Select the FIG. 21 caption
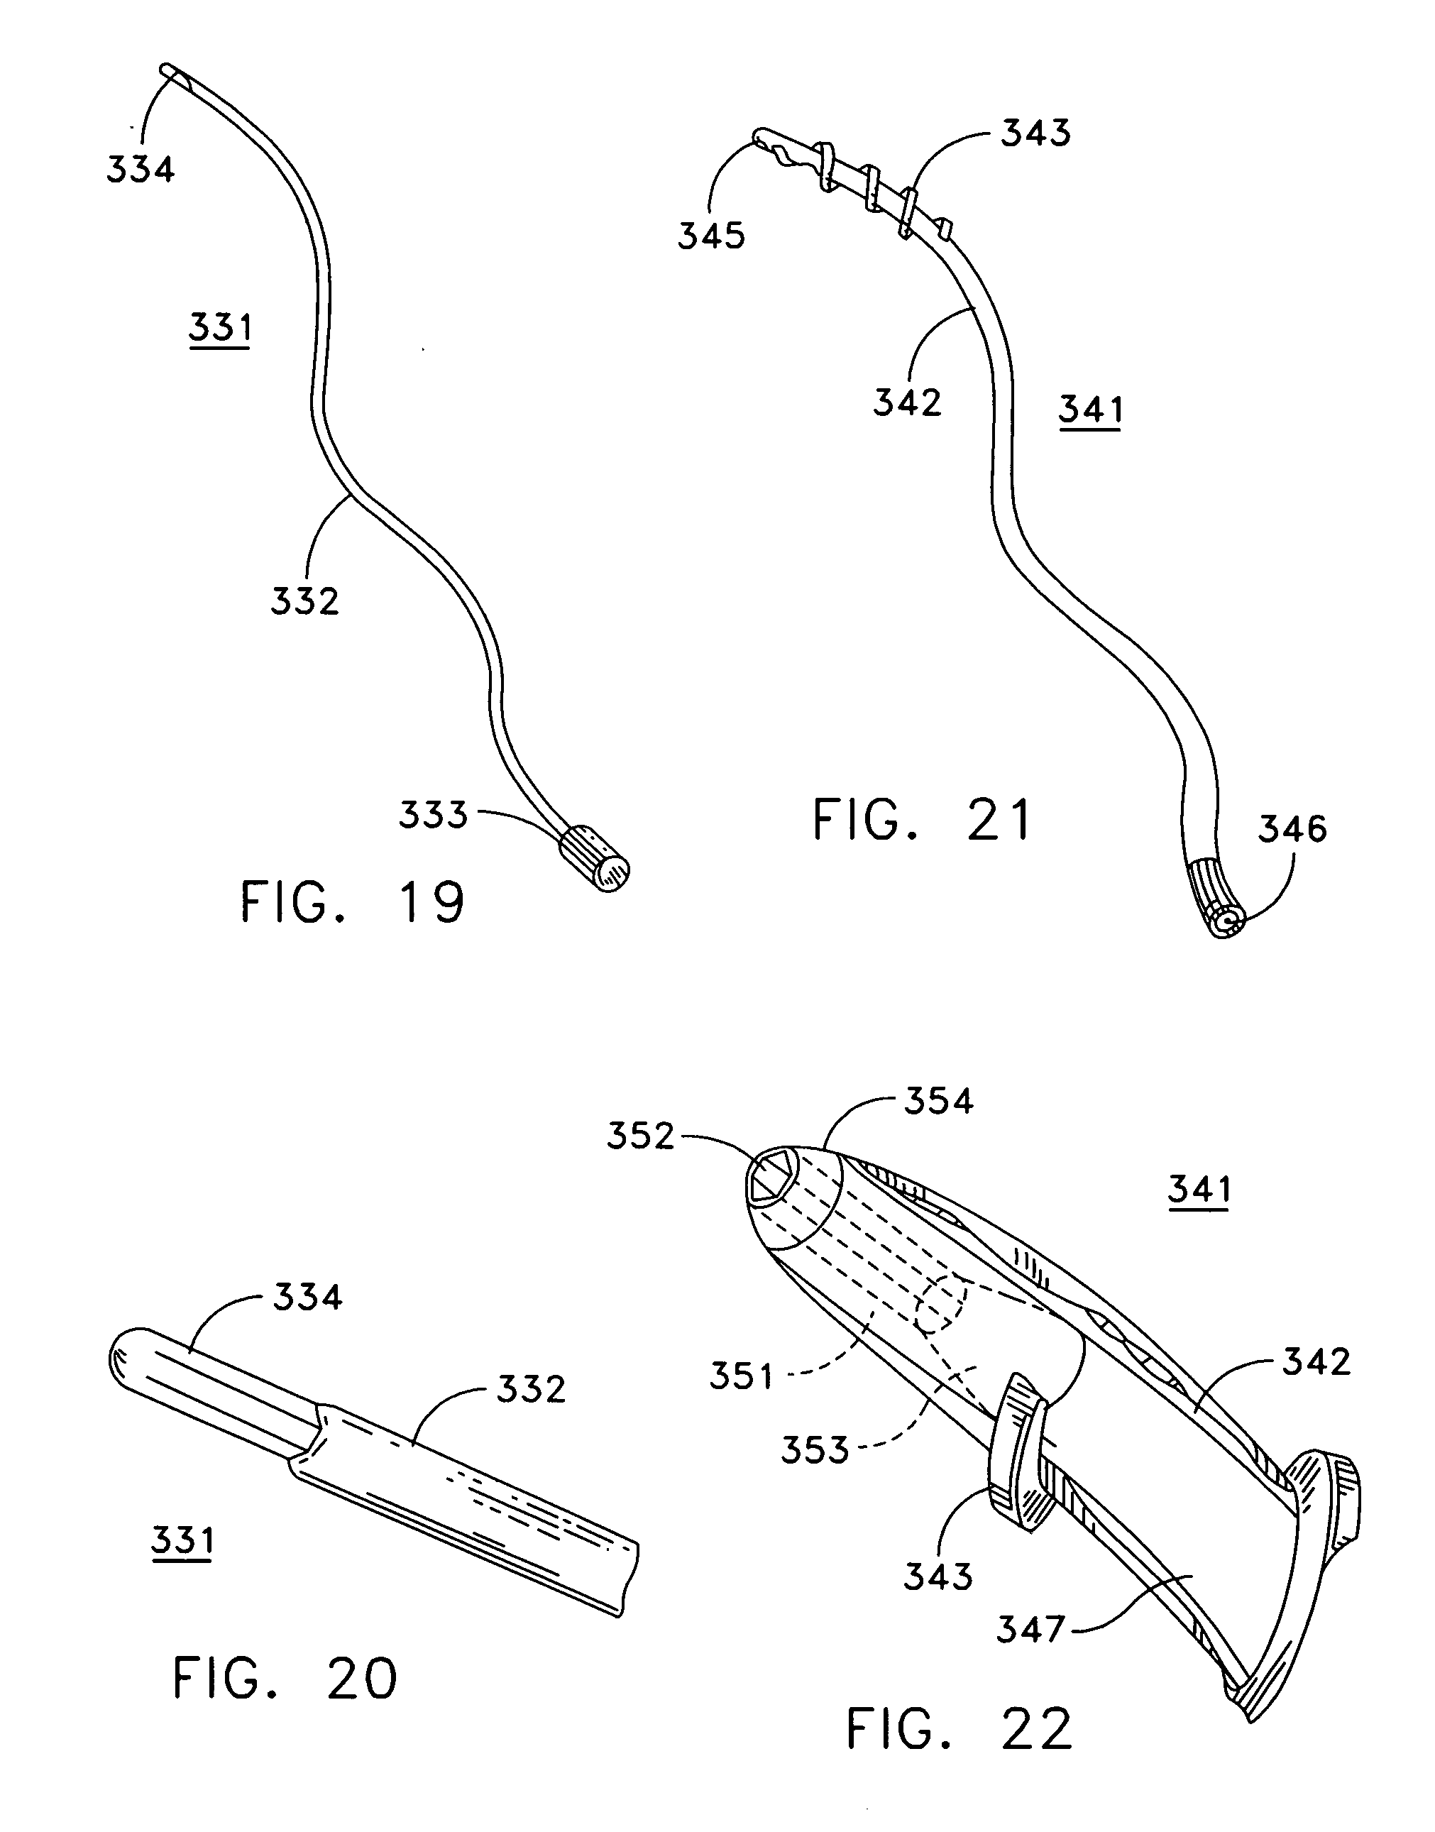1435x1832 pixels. tap(922, 821)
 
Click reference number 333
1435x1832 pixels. tap(433, 814)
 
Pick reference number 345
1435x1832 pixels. tap(712, 236)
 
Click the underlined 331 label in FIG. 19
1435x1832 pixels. tap(220, 328)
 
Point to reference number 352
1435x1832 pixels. tap(641, 1136)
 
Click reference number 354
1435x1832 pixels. tap(938, 1100)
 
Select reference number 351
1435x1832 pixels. tap(741, 1376)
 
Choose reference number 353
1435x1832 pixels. tap(815, 1449)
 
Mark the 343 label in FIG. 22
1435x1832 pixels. tap(938, 1577)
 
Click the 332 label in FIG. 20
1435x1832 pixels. tap(531, 1389)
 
